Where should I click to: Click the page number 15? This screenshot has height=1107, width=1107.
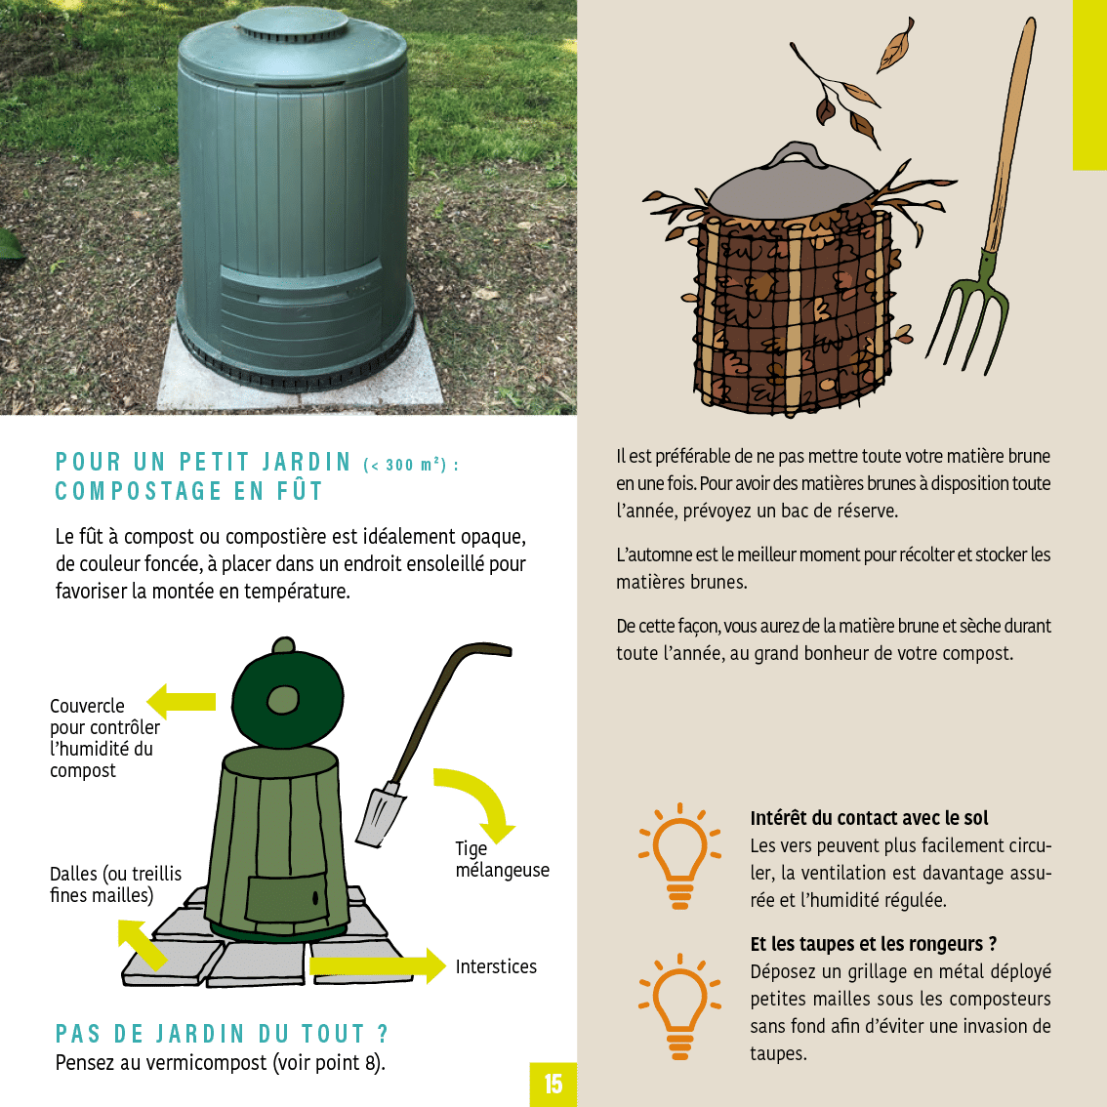point(553,1084)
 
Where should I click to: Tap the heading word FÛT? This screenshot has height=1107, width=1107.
point(300,491)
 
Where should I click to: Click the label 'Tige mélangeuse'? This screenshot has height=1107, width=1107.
point(502,859)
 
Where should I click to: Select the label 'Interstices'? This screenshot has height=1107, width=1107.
point(496,966)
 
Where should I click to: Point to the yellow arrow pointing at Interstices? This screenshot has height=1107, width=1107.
point(378,965)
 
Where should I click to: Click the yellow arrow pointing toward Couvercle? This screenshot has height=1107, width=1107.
point(181,701)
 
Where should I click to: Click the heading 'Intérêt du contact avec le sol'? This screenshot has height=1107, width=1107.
point(869,818)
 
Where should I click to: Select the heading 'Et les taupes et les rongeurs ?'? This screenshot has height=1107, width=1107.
point(874,944)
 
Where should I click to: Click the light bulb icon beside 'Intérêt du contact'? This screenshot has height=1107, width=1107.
point(679,855)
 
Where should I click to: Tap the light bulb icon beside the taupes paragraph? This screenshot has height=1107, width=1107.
point(679,1006)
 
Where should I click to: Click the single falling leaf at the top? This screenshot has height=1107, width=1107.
point(896,46)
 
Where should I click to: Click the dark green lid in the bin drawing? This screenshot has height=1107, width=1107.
point(287,698)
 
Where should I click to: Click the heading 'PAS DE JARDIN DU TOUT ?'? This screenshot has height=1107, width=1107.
point(222,1034)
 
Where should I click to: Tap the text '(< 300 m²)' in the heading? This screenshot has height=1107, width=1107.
point(411,465)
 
